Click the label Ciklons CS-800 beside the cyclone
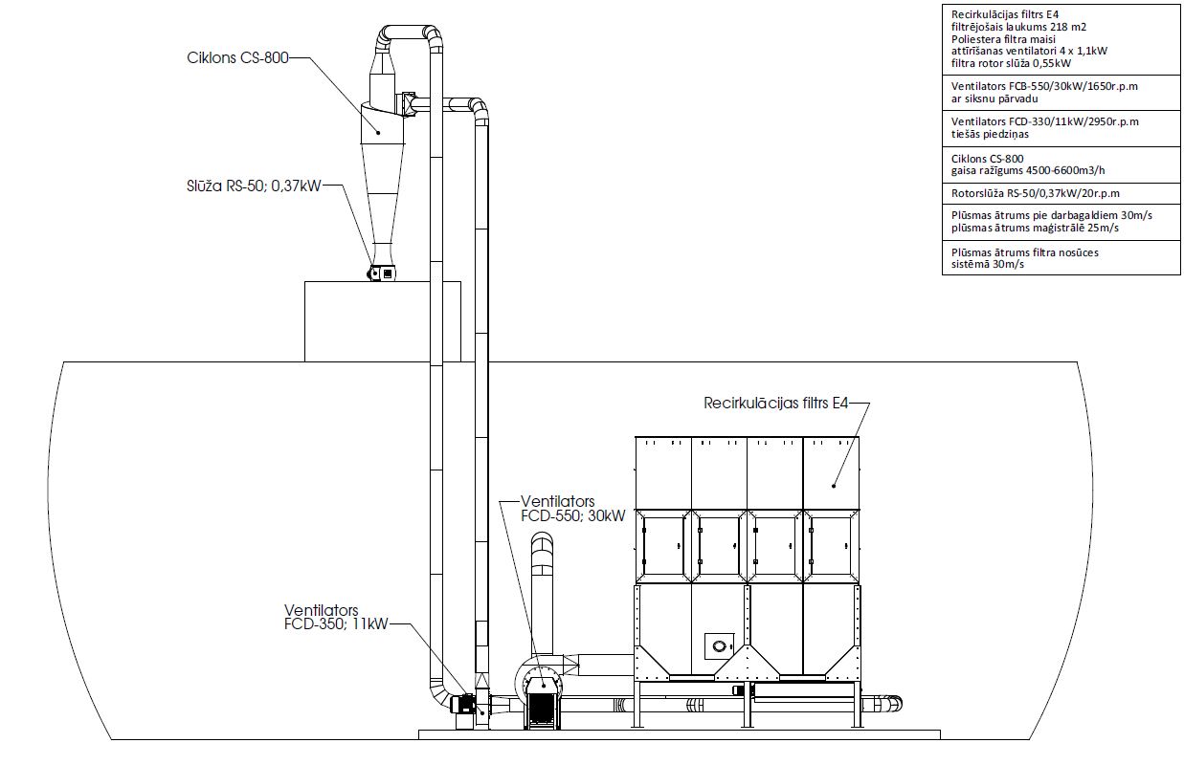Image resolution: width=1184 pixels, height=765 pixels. tap(238, 57)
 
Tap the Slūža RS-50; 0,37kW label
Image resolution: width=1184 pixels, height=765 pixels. tap(254, 186)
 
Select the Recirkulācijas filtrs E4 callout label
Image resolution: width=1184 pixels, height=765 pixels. tap(776, 404)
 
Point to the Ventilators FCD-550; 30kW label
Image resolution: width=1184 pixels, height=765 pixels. tap(573, 509)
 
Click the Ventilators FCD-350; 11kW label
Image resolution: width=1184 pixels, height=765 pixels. tap(336, 617)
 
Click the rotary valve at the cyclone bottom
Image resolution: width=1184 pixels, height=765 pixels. tap(381, 273)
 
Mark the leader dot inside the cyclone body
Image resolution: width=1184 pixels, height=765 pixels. tap(378, 133)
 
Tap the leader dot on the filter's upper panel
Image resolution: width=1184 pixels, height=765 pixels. tap(834, 486)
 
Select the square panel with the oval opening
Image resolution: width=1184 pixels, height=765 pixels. tap(720, 646)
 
